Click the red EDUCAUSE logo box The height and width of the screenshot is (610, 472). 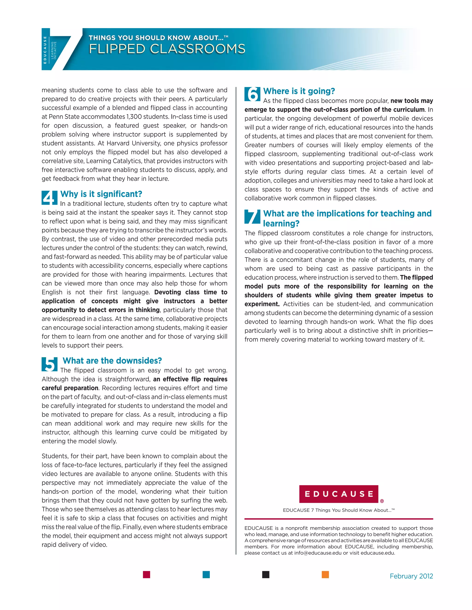tap(338, 494)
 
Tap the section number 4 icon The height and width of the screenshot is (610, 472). tap(50, 198)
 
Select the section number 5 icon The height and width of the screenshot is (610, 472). tap(50, 364)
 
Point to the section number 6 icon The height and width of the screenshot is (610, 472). tap(252, 94)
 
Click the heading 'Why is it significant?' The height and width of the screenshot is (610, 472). tap(101, 194)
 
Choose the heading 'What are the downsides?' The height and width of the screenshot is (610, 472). tap(112, 360)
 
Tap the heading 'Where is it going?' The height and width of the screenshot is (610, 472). tap(299, 91)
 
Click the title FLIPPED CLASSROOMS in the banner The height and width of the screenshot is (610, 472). tap(167, 49)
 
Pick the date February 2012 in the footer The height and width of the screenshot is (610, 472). tap(411, 576)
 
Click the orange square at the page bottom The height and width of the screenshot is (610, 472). tap(325, 575)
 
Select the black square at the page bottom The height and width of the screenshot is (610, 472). tap(266, 575)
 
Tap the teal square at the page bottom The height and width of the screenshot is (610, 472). tap(206, 575)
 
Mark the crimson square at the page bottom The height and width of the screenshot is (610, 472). tap(147, 575)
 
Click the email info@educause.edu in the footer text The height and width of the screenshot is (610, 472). tap(318, 553)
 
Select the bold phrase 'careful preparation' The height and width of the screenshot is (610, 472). tap(70, 388)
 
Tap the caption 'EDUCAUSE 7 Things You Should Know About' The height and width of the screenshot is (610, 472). tap(338, 510)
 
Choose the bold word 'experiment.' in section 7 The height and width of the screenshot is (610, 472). tap(262, 304)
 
